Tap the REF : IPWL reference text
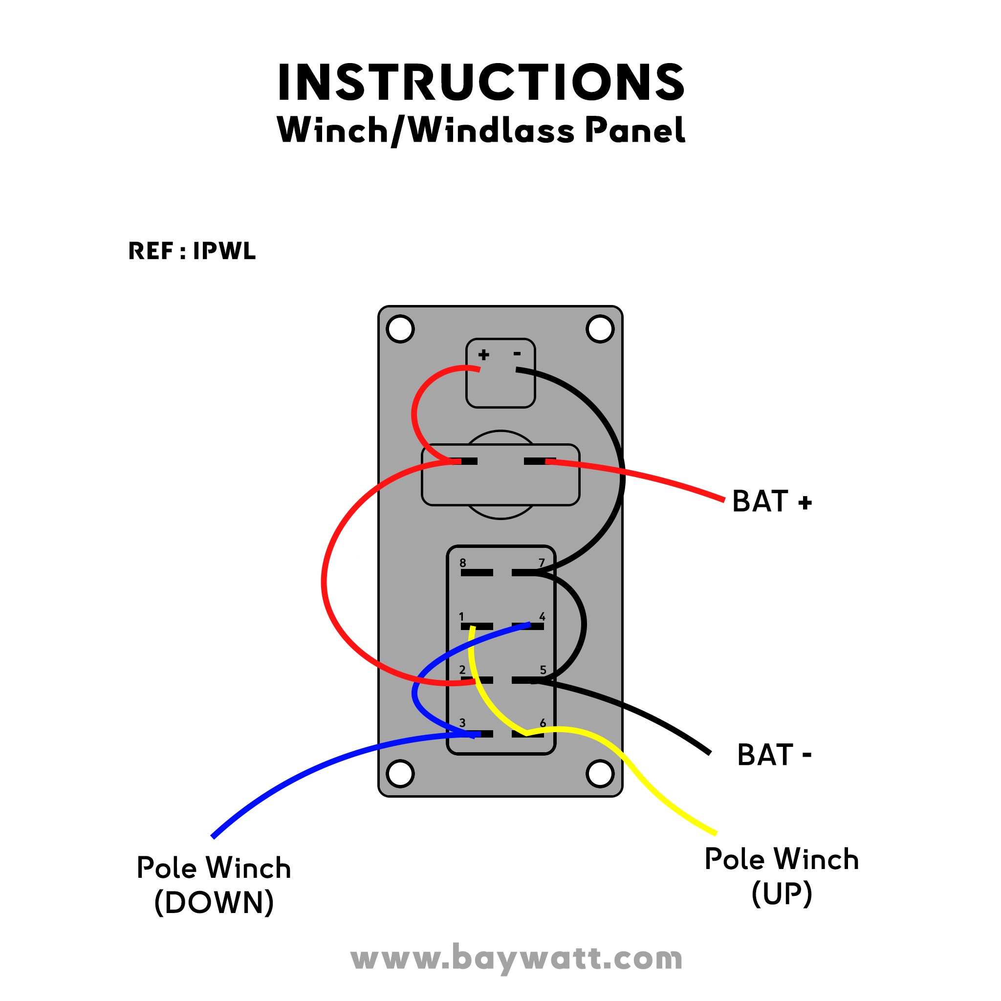coord(192,251)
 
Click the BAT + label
coord(771,501)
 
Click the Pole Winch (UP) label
coord(782,876)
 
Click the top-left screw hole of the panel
coord(400,328)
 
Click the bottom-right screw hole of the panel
coord(600,774)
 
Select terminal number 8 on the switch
coord(476,572)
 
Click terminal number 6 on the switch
coord(527,734)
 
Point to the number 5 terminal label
coord(543,670)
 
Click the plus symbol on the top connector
coord(483,355)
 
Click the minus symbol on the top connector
coord(517,354)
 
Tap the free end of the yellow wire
coord(716,833)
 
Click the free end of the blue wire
coord(213,836)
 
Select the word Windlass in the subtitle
coord(492,130)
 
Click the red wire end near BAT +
coord(723,500)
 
